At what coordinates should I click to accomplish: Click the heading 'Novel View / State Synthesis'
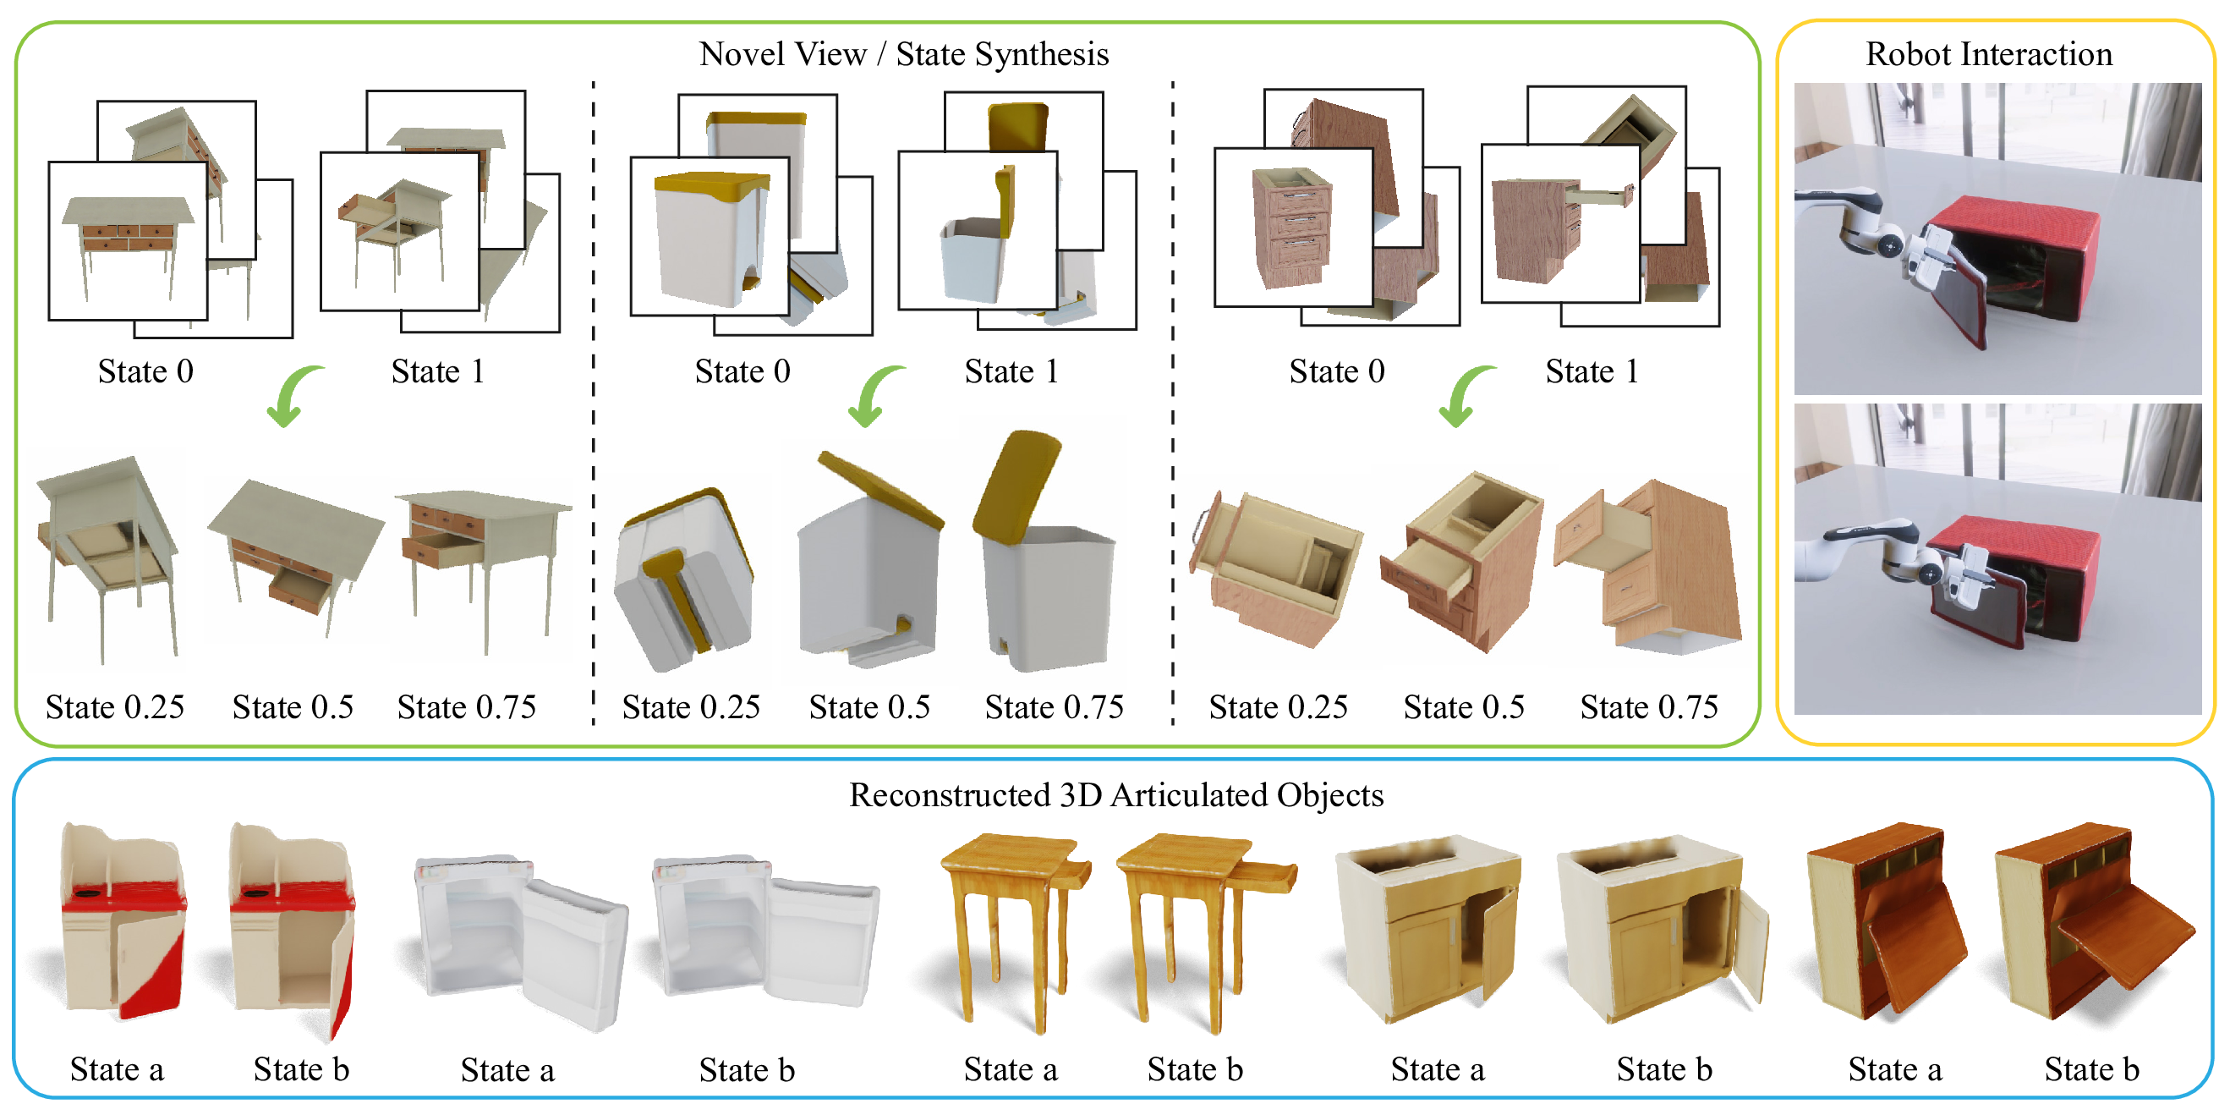coord(904,53)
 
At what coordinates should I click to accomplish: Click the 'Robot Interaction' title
coord(1988,53)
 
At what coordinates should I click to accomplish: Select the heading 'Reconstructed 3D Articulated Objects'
coord(1116,794)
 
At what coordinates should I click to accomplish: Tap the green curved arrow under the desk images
coord(293,395)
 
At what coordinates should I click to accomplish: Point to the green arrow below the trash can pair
coord(873,395)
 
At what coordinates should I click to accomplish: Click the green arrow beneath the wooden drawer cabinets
coord(1464,395)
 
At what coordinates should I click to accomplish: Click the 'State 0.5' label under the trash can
coord(869,707)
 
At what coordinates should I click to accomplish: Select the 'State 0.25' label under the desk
coord(115,707)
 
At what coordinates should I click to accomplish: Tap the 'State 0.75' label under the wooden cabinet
coord(1648,707)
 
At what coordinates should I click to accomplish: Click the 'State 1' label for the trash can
coord(1011,371)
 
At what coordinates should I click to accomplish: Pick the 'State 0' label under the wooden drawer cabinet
coord(1337,371)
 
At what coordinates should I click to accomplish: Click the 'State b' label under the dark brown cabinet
coord(2091,1070)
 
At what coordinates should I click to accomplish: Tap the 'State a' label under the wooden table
coord(1011,1070)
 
